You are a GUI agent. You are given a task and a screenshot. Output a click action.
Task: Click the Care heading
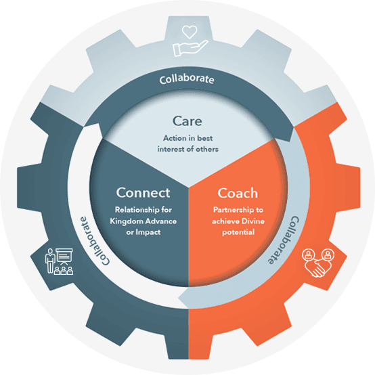[x=187, y=121]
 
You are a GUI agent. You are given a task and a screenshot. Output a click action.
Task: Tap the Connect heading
[x=143, y=193]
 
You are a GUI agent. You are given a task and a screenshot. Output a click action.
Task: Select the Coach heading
[x=238, y=193]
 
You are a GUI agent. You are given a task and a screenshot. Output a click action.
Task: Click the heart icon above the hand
[x=190, y=32]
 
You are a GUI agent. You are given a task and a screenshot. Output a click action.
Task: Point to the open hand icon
[x=190, y=48]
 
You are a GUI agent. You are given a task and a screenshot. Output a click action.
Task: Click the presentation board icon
[x=64, y=256]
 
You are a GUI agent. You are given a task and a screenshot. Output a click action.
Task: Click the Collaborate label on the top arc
[x=187, y=79]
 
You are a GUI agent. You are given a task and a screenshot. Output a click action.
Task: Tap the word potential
[x=238, y=232]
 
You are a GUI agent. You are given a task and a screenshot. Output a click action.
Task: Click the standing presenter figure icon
[x=50, y=261]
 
